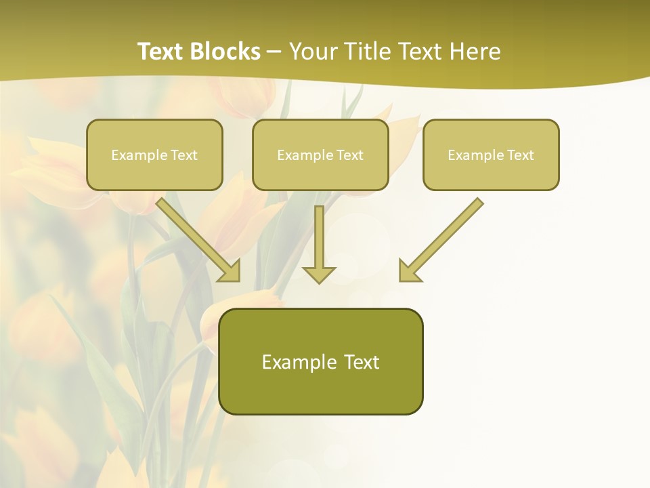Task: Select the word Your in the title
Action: point(311,52)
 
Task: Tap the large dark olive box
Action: point(320,393)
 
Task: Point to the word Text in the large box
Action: point(362,362)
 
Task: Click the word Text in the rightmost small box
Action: point(520,155)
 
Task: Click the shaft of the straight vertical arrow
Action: point(319,234)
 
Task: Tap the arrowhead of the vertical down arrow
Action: point(319,274)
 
